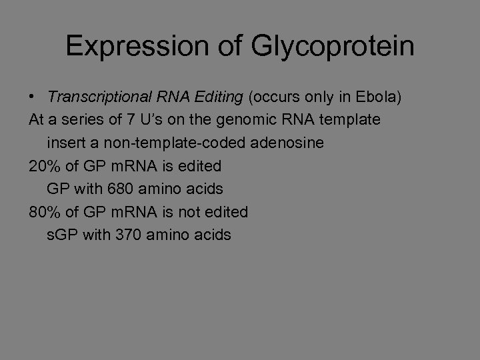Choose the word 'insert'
pyautogui.click(x=63, y=143)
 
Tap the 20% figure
pyautogui.click(x=43, y=166)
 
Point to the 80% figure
pyautogui.click(x=43, y=212)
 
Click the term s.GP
pyautogui.click(x=63, y=235)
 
